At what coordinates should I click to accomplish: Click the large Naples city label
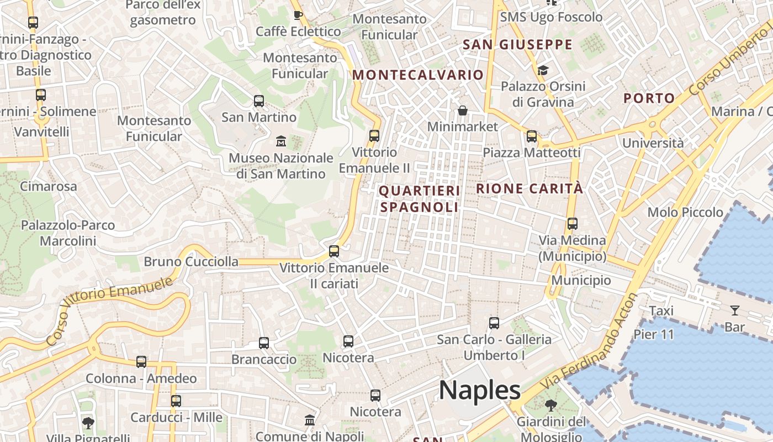click(x=480, y=391)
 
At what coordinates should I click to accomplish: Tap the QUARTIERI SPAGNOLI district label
click(x=420, y=199)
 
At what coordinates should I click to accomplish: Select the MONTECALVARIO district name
click(x=418, y=75)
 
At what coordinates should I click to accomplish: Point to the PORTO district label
click(x=649, y=98)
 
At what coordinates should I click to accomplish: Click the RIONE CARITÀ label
click(x=530, y=188)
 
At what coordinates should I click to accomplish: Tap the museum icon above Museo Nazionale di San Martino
click(x=281, y=141)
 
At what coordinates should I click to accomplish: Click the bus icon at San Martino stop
click(x=259, y=101)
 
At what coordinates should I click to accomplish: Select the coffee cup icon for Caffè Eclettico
click(x=298, y=15)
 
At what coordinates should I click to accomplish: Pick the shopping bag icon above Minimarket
click(x=463, y=111)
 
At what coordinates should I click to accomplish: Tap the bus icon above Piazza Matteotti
click(x=532, y=136)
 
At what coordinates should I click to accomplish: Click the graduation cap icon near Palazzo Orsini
click(x=543, y=70)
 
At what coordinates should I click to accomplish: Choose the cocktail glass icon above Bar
click(x=735, y=311)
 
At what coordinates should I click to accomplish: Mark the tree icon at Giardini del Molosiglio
click(x=551, y=406)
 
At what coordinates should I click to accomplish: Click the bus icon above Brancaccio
click(x=264, y=343)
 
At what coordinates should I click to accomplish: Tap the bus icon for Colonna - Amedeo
click(x=141, y=362)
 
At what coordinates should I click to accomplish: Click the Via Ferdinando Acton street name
click(x=590, y=341)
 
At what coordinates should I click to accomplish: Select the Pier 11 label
click(x=654, y=334)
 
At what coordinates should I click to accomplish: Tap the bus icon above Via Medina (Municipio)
click(x=573, y=224)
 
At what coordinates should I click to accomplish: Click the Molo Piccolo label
click(x=685, y=212)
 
